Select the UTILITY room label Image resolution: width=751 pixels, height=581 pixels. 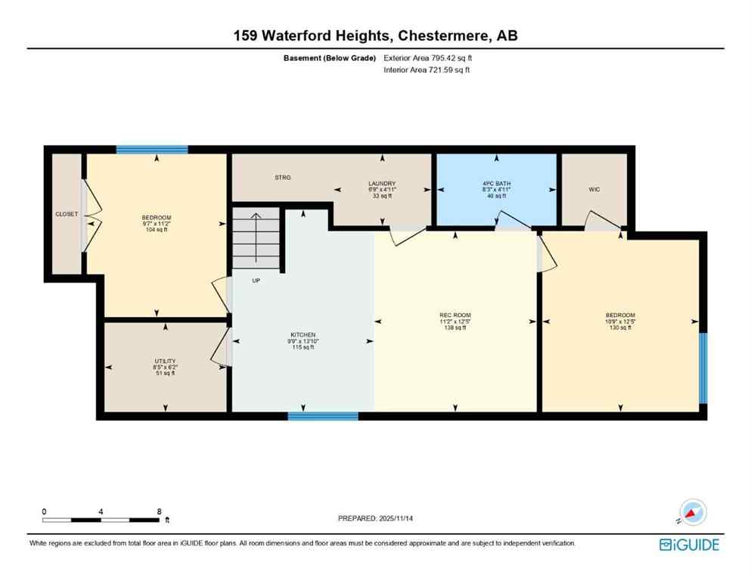tap(165, 366)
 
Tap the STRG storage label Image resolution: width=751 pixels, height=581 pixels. tap(284, 178)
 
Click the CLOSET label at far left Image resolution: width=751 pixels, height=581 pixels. tap(67, 214)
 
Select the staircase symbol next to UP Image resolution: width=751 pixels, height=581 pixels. tap(256, 239)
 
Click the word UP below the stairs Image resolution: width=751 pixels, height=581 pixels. tap(257, 280)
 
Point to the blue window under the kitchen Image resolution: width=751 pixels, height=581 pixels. tap(323, 415)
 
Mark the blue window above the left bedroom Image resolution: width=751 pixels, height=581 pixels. tap(152, 149)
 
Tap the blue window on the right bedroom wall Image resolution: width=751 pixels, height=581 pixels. tap(702, 368)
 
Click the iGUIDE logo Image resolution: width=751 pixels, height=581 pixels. tap(688, 545)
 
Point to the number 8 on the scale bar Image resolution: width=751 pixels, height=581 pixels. tap(159, 511)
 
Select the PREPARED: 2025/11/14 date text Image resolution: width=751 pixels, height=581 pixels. tap(376, 518)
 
